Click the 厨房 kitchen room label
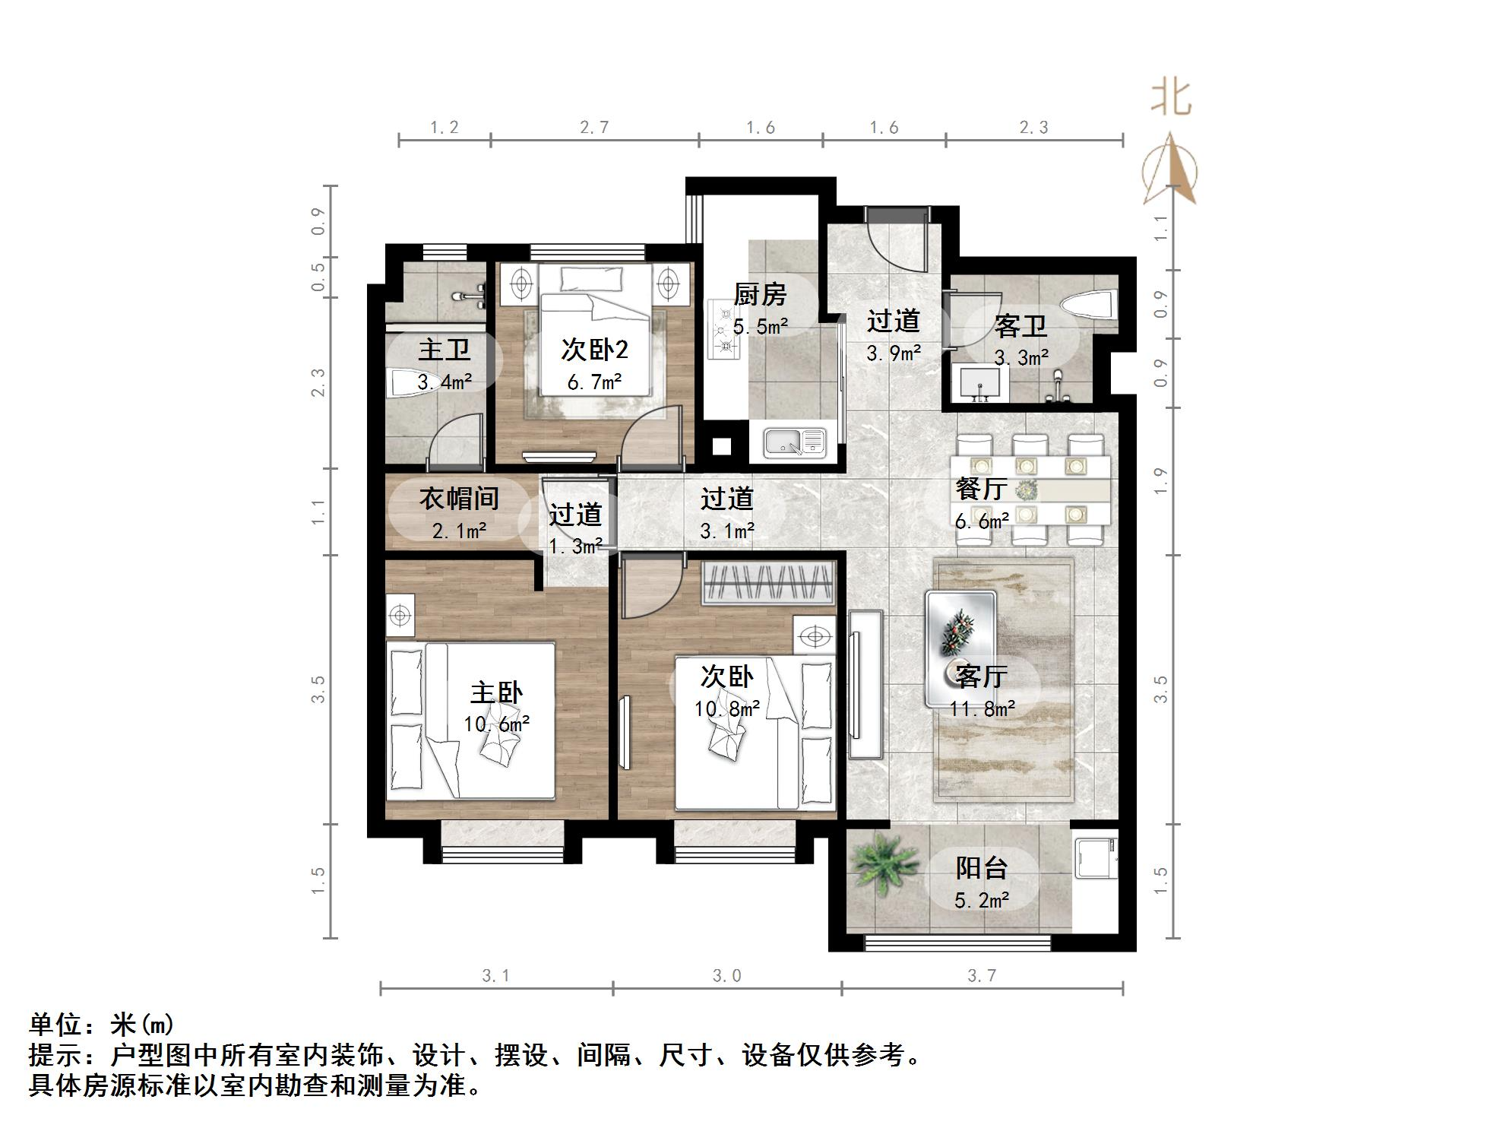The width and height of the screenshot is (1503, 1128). click(759, 294)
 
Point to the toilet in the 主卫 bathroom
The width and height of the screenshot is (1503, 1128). click(407, 383)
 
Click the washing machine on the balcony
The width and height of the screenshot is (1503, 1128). click(1095, 857)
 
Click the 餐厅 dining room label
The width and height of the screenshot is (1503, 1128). click(981, 488)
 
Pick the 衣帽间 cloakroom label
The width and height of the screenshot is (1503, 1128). click(459, 499)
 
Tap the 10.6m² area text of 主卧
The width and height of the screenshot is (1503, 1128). click(496, 724)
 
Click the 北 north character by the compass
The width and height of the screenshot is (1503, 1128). click(1171, 99)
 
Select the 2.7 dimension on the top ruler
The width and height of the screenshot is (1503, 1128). click(594, 128)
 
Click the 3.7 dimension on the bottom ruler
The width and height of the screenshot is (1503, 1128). click(982, 975)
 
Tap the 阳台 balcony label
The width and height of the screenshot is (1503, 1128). click(981, 868)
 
